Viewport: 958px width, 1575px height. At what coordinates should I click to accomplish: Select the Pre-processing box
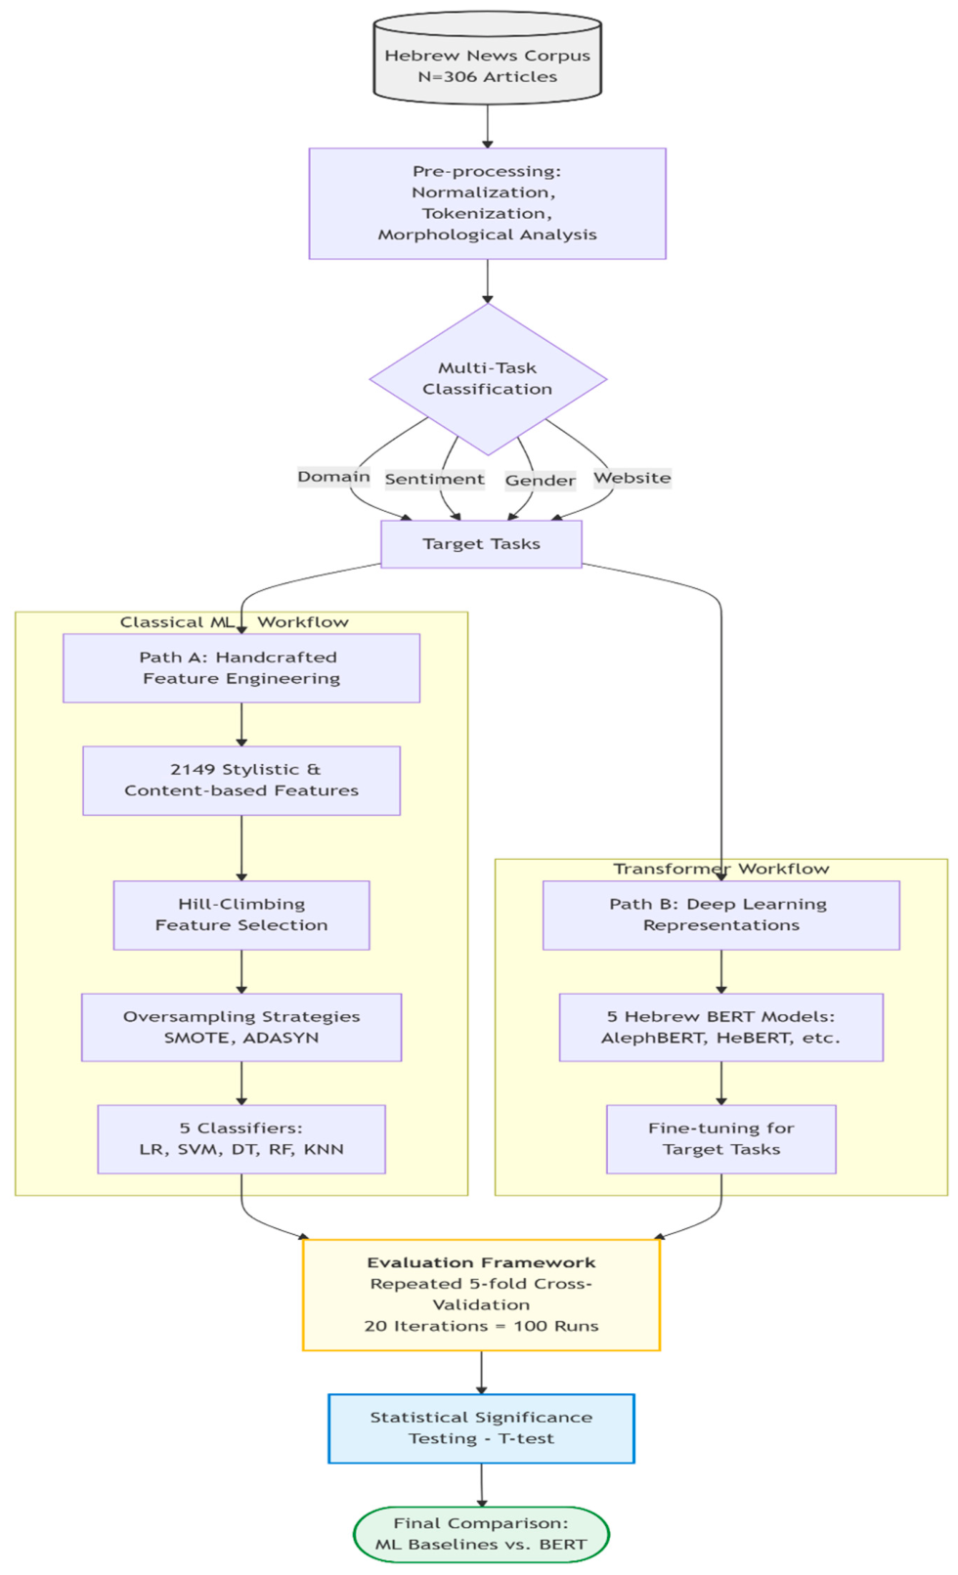coord(487,203)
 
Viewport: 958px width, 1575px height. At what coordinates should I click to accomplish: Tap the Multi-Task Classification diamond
coord(487,379)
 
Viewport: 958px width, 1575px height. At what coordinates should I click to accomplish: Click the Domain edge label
coord(333,477)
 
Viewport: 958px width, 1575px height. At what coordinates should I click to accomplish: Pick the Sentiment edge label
coord(434,479)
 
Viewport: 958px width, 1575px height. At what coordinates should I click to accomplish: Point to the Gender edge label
coord(540,481)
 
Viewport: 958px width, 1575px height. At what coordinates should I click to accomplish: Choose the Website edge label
coord(631,478)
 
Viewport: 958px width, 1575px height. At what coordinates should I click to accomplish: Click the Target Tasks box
coord(481,544)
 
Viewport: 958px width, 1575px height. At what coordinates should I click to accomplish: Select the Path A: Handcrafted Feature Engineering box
coord(240,668)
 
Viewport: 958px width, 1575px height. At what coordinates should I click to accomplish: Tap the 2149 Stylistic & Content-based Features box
coord(240,781)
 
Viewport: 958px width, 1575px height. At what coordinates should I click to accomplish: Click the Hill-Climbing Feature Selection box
coord(240,915)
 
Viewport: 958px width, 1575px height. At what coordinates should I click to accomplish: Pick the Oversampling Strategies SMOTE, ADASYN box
coord(240,1028)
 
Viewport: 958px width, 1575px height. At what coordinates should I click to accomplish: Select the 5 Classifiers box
coord(240,1139)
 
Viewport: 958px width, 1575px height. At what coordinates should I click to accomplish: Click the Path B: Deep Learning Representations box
coord(720,915)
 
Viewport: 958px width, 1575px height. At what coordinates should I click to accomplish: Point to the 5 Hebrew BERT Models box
coord(720,1028)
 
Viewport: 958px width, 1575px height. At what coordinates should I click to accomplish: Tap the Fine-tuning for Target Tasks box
coord(720,1139)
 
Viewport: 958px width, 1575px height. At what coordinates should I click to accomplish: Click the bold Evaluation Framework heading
coord(481,1263)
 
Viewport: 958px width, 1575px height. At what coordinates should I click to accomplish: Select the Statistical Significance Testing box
coord(481,1428)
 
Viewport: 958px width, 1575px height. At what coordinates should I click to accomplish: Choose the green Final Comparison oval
coord(481,1534)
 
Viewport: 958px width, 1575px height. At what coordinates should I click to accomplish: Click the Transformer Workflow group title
coord(720,869)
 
